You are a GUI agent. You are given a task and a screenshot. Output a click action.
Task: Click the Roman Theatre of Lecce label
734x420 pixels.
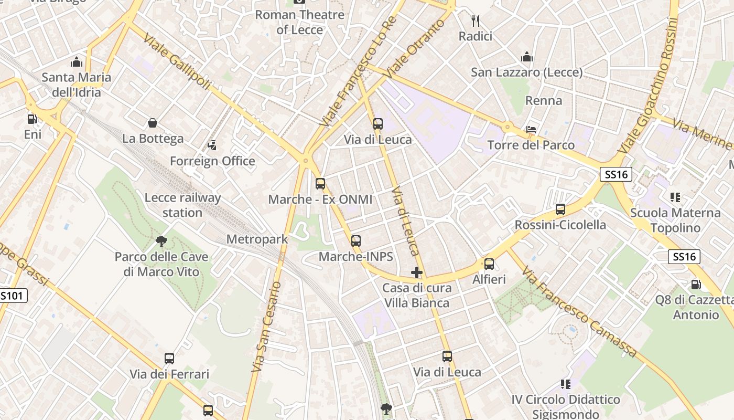coord(299,22)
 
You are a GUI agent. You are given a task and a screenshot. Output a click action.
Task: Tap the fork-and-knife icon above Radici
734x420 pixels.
coord(476,21)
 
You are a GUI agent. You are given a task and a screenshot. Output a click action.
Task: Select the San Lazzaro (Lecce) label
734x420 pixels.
coord(526,72)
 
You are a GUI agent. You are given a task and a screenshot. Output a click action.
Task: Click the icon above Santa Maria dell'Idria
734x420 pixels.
coord(77,62)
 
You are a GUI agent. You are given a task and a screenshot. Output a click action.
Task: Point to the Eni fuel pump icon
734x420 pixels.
coord(33,119)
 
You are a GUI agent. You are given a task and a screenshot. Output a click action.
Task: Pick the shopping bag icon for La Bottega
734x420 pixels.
coord(153,123)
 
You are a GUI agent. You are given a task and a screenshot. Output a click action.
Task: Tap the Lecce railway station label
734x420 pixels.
coord(182,205)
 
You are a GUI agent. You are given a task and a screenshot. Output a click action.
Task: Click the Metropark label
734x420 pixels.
coord(257,239)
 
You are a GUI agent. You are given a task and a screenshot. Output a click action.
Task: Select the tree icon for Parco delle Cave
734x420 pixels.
coord(161,241)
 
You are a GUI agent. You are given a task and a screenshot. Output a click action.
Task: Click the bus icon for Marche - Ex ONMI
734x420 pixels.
coord(320,184)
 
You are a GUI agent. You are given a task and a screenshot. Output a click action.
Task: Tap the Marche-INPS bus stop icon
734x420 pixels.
coord(356,241)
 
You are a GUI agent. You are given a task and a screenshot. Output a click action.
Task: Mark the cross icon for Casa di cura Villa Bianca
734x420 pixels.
coord(417,272)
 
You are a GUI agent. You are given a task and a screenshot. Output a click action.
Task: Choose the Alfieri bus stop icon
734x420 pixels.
coord(489,264)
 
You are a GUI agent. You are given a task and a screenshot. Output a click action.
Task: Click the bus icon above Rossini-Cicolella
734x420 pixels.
coord(560,209)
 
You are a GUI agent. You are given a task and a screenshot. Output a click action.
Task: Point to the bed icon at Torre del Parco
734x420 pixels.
coord(531,130)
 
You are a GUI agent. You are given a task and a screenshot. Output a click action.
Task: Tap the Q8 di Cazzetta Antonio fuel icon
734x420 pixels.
coord(696,285)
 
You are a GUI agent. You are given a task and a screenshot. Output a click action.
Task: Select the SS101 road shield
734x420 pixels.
coord(12,296)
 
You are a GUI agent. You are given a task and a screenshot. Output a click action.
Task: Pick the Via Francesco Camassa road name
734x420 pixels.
coord(579,312)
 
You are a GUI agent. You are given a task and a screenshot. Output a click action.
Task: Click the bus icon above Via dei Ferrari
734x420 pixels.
coord(169,359)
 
